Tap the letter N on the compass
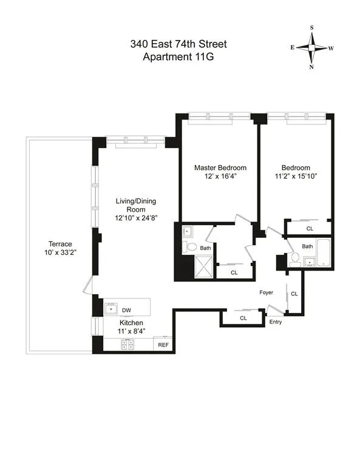point(311,67)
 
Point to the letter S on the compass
point(311,28)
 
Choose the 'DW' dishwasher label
point(126,311)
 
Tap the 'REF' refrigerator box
point(163,345)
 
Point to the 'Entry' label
point(276,322)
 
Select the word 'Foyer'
point(266,292)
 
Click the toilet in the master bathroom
point(191,248)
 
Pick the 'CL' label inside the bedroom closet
point(309,229)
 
